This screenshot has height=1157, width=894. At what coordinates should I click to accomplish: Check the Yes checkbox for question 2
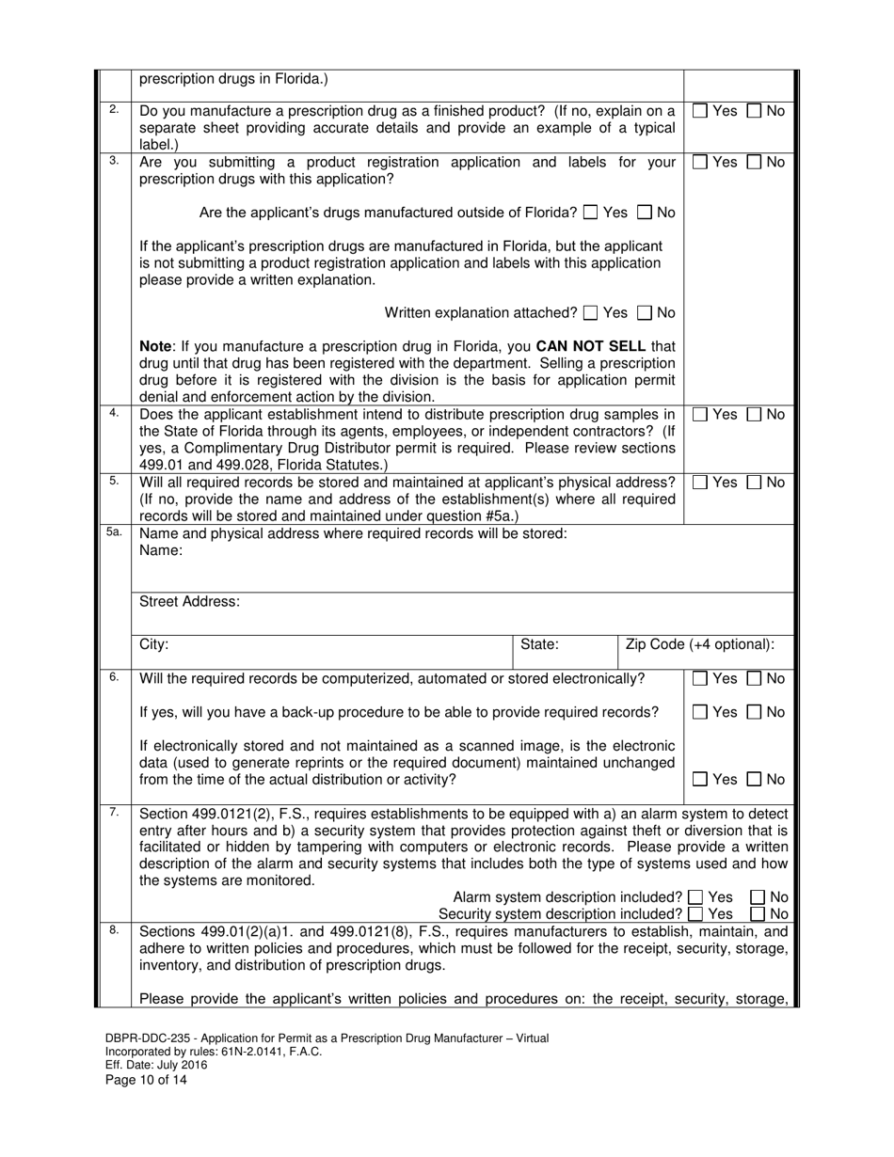coord(700,111)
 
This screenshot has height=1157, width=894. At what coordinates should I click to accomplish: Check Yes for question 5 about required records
coord(700,483)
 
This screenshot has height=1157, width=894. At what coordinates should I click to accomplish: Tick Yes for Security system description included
coord(695,913)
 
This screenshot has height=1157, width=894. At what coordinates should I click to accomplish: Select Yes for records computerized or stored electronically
coord(700,678)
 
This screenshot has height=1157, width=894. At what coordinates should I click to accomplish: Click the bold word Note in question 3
coord(157,345)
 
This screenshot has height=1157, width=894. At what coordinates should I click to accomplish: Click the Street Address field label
coord(189,601)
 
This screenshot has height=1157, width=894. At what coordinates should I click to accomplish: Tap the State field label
coord(540,644)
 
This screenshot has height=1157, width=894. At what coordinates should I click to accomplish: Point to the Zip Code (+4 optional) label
coord(700,644)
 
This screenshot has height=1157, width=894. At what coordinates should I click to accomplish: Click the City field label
coord(154,644)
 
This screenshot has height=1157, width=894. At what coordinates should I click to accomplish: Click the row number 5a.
coord(113,532)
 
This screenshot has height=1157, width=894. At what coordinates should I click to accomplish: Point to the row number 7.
coord(113,811)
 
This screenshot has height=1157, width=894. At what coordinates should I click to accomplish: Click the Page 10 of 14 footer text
coord(146,1080)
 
